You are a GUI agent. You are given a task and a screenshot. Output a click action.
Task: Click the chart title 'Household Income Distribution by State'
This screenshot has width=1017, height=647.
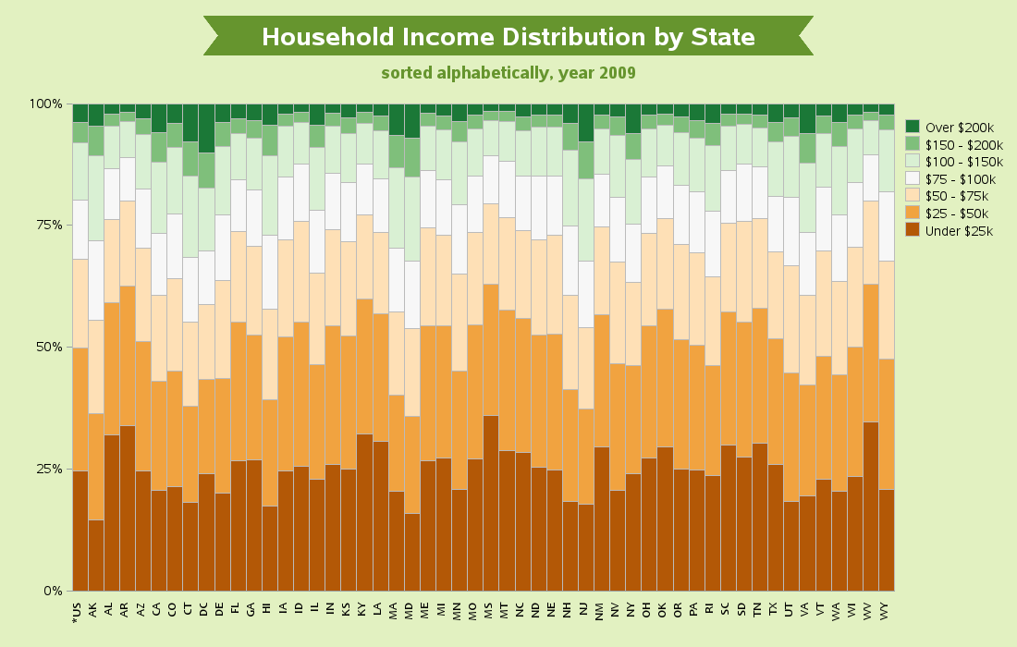508,37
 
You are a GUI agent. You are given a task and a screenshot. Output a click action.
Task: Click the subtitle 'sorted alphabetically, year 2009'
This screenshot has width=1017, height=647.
508,73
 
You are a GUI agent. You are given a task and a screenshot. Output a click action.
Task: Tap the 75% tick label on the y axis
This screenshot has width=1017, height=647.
46,225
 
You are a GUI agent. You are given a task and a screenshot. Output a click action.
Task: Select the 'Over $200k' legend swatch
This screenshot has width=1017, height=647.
913,127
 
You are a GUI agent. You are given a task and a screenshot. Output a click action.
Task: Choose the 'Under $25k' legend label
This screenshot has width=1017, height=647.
959,231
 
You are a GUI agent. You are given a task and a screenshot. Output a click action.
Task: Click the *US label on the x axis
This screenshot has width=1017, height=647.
78,612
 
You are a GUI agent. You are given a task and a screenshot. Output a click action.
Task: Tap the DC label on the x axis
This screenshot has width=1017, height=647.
203,609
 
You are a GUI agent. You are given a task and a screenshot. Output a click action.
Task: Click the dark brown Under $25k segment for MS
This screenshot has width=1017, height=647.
491,503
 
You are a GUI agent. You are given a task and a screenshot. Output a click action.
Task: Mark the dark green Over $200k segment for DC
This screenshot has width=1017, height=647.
206,128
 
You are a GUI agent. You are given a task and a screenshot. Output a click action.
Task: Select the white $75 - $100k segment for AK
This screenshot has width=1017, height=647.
96,281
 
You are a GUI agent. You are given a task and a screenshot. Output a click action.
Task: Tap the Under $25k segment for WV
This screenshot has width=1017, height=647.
870,507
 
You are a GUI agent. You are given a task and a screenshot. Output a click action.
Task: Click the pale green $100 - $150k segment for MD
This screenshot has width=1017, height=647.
411,219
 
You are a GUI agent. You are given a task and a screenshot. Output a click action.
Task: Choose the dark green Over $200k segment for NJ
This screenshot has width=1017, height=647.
585,123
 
